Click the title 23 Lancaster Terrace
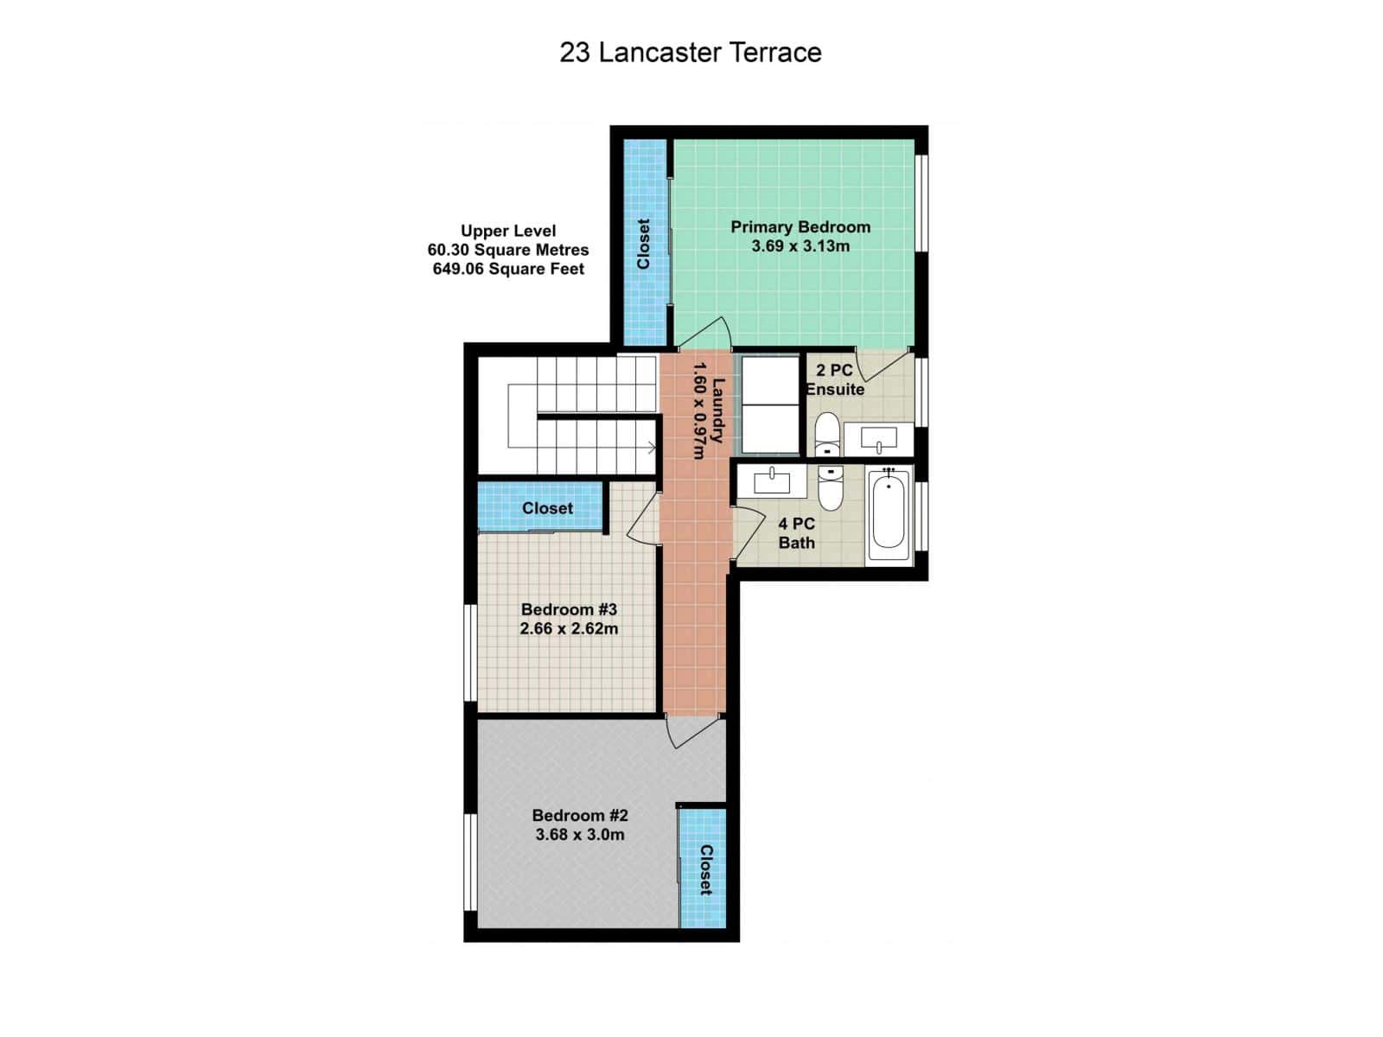(690, 53)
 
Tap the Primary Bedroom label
(800, 227)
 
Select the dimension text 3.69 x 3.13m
(800, 246)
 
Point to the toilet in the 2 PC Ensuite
(827, 434)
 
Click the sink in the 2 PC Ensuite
(878, 439)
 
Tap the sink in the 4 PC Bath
(771, 481)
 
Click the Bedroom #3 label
(569, 610)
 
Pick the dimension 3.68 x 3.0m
(579, 835)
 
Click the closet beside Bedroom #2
(704, 868)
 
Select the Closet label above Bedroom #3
(547, 508)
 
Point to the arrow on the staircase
(650, 447)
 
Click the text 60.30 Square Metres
(508, 250)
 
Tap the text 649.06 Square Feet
(508, 269)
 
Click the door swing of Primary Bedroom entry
(707, 335)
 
